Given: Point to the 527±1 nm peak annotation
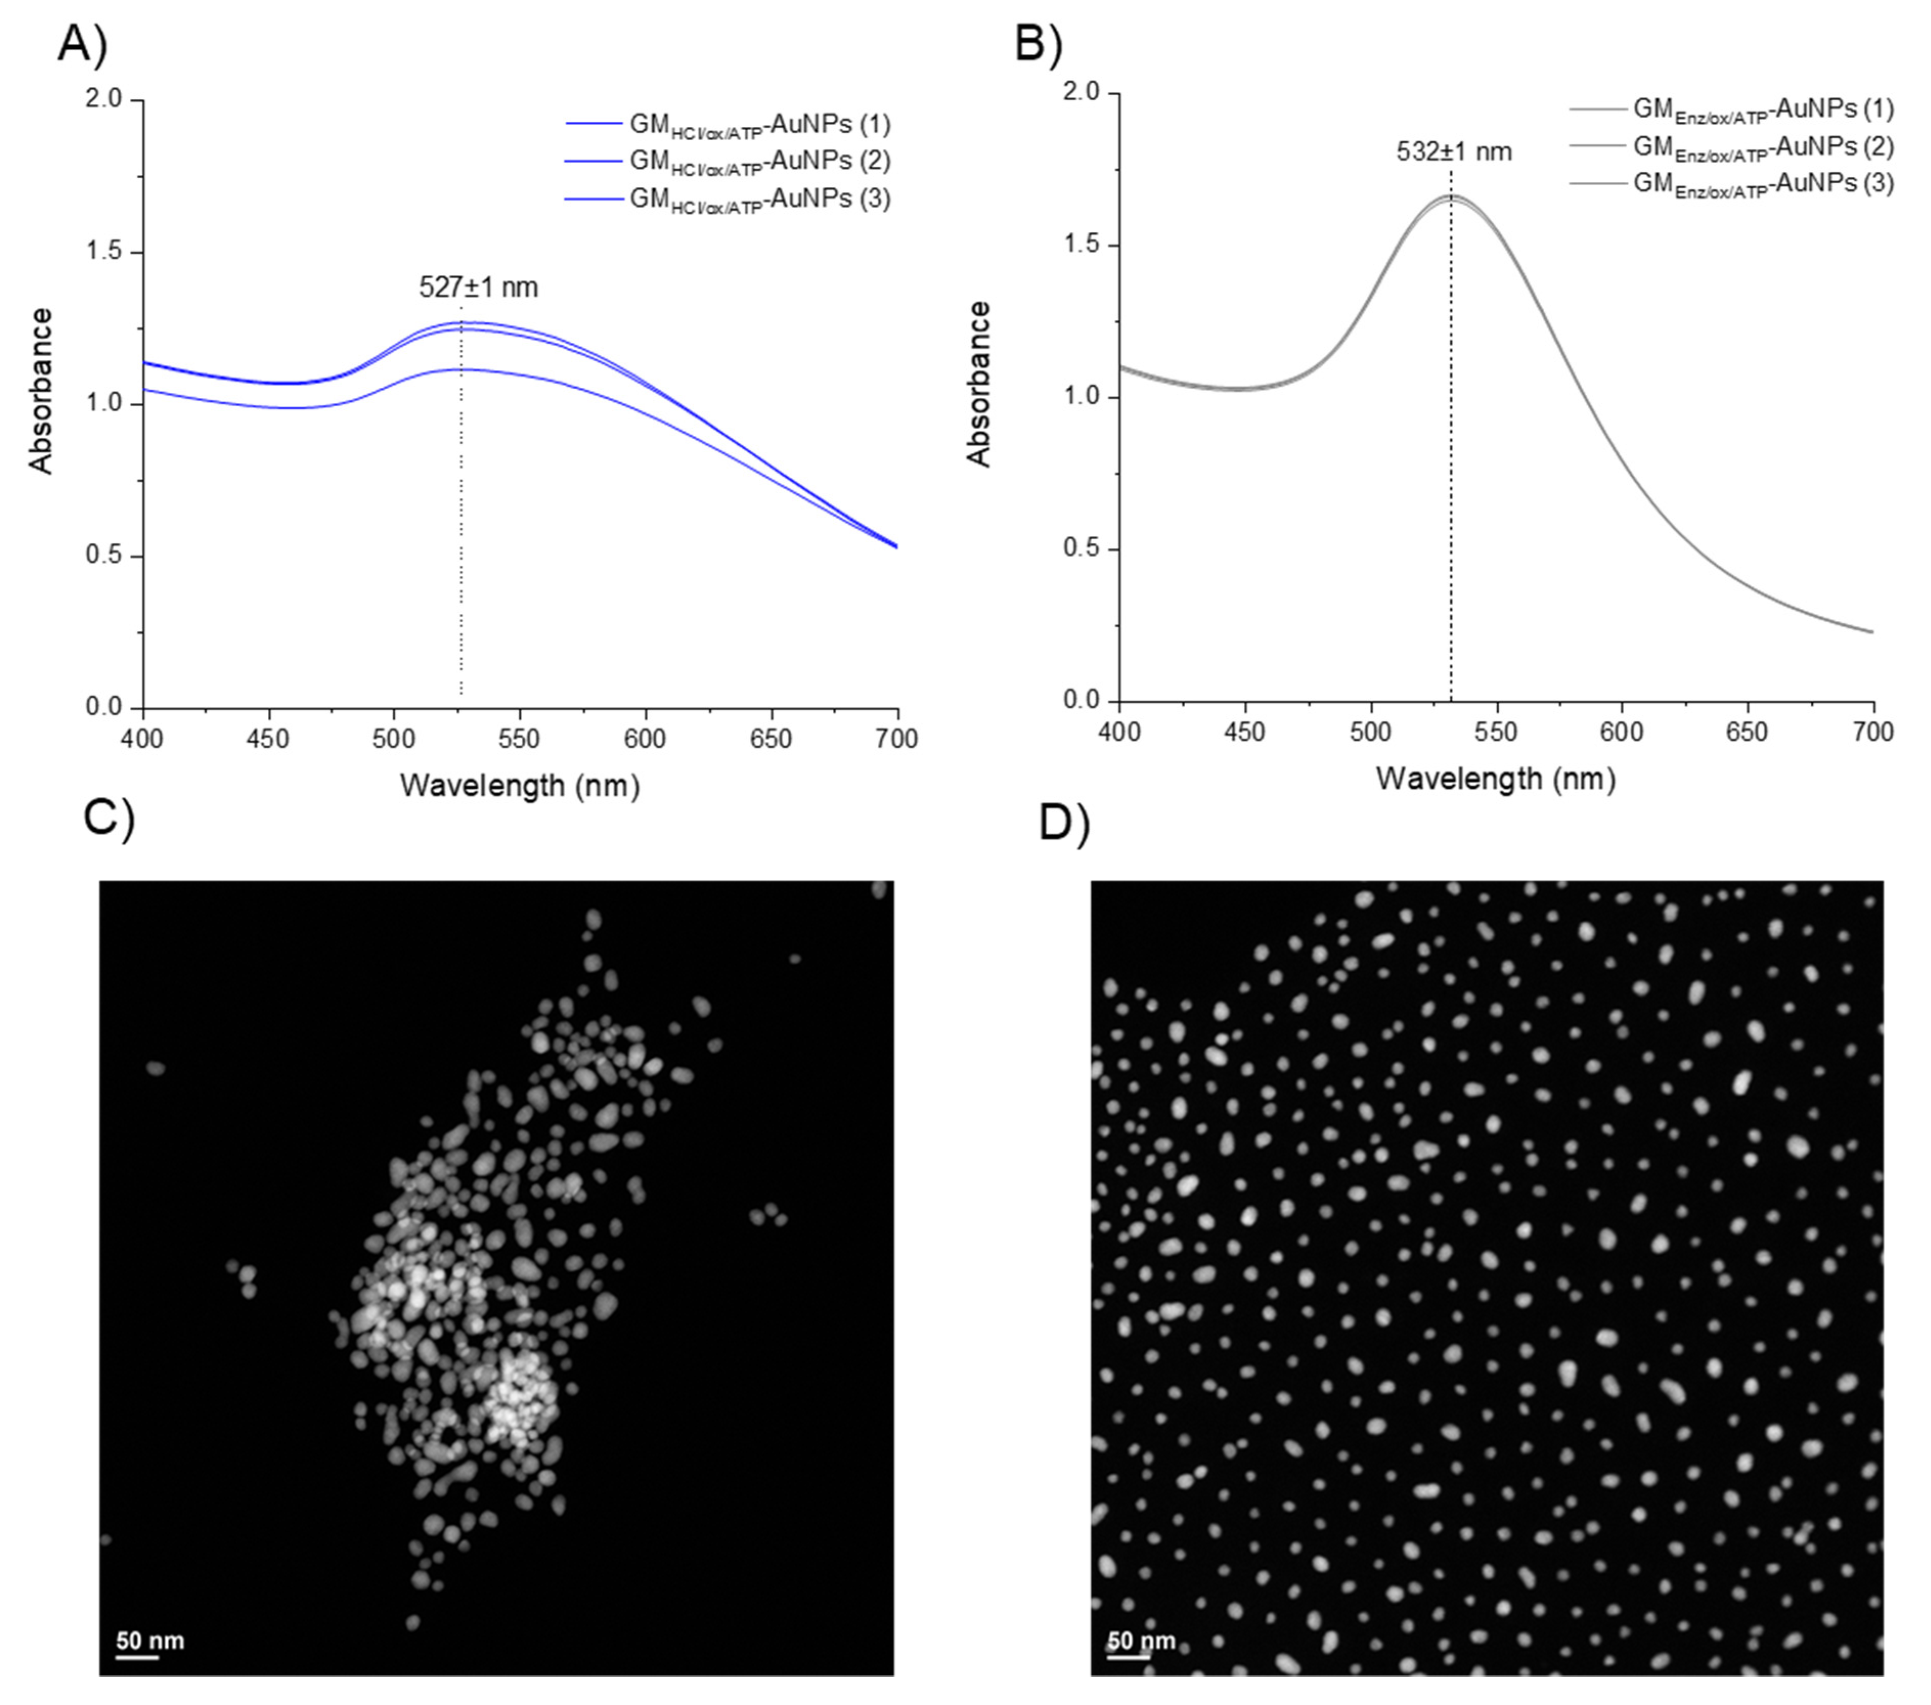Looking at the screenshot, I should coord(478,287).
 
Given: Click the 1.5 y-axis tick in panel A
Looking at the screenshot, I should coord(104,252).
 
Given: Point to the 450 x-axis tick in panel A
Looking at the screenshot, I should coord(269,739).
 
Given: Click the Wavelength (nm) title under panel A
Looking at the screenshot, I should coord(520,786).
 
